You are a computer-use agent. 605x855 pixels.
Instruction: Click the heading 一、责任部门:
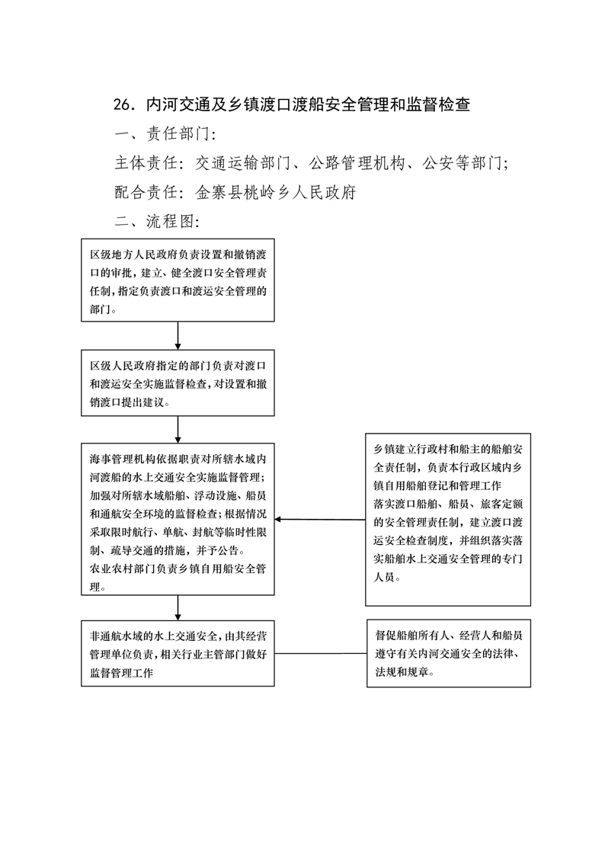(x=165, y=133)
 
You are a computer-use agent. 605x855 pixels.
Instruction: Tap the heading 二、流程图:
(x=157, y=221)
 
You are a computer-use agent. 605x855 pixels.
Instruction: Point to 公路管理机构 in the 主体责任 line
(x=357, y=162)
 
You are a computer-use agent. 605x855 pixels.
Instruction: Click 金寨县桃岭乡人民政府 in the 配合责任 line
(x=276, y=192)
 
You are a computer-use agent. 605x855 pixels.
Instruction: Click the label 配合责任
(x=146, y=192)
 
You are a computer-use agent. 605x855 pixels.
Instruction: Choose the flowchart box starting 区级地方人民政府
(x=178, y=280)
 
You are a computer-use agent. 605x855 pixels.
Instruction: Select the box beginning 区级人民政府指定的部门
(x=178, y=383)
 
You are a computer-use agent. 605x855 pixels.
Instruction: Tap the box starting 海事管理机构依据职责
(x=178, y=519)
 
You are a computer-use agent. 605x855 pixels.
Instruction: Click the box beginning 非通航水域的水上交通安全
(x=178, y=653)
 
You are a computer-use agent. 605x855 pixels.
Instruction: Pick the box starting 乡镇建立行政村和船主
(x=448, y=520)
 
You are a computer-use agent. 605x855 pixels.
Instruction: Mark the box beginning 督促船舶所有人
(x=449, y=653)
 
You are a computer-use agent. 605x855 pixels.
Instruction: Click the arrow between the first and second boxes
(x=178, y=336)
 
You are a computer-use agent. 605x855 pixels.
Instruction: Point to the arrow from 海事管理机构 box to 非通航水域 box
(x=178, y=608)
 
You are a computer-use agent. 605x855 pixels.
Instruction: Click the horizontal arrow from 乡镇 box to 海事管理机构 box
(x=320, y=519)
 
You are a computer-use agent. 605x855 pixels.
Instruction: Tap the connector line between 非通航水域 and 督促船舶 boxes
(x=321, y=653)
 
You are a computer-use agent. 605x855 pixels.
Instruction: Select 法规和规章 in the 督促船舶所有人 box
(x=402, y=672)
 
